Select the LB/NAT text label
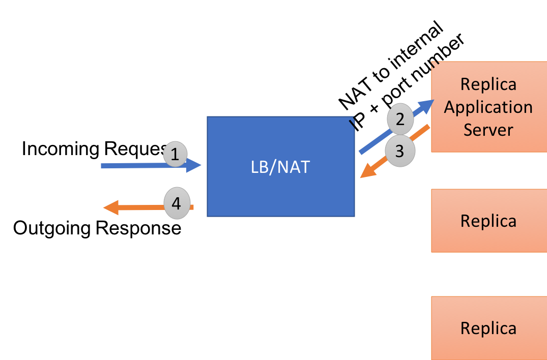(x=280, y=167)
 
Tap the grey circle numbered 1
(x=175, y=154)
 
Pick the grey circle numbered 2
(x=400, y=119)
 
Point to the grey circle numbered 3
(x=399, y=151)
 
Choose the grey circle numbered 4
(x=176, y=204)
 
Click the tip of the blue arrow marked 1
(x=200, y=165)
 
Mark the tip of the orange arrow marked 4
(x=104, y=207)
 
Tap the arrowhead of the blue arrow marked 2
(x=432, y=101)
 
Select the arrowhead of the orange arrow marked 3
(x=361, y=176)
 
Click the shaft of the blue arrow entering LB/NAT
(x=132, y=166)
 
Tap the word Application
(x=488, y=107)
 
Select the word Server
(x=488, y=130)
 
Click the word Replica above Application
(x=488, y=84)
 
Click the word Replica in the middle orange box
(x=488, y=221)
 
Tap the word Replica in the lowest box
(x=488, y=328)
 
